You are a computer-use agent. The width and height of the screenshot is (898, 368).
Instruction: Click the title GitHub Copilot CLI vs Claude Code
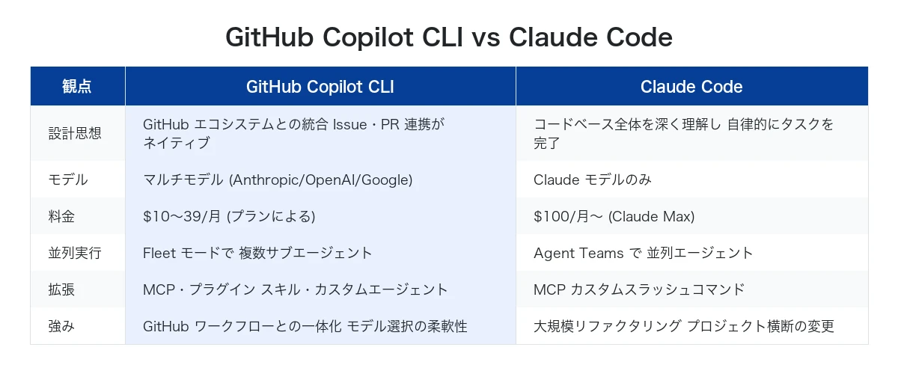449,37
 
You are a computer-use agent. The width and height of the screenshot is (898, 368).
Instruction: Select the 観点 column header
77,87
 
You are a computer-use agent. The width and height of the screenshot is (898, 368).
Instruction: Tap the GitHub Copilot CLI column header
320,87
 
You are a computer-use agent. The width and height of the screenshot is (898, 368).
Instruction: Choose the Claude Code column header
691,87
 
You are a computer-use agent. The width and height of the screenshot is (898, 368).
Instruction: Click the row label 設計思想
75,133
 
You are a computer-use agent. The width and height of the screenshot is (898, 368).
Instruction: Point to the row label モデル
68,180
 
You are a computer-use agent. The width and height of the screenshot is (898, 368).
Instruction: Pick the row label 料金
62,216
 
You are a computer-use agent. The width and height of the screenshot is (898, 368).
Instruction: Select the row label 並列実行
75,253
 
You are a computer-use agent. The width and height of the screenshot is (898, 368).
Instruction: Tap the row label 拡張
62,289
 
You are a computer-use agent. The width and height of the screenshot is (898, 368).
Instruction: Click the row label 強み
62,326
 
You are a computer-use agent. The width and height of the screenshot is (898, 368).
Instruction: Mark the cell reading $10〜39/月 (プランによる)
229,216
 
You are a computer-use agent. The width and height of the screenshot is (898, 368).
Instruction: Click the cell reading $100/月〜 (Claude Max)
614,216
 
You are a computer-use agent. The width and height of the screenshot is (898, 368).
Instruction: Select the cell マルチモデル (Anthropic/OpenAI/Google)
278,180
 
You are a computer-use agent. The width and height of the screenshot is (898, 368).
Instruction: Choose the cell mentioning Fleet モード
257,253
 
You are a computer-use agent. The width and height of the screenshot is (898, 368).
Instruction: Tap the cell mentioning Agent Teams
644,253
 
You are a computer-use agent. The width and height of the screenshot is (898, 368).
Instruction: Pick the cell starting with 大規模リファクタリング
683,326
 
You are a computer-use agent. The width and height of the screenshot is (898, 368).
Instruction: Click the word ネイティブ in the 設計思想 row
176,142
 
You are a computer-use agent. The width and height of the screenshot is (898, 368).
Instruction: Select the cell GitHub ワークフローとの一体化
305,326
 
